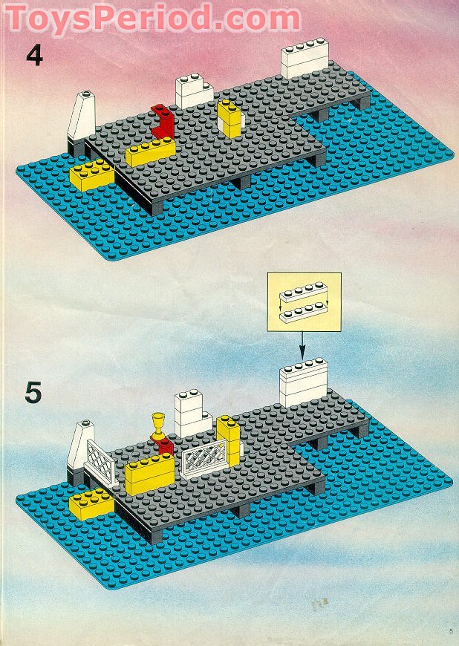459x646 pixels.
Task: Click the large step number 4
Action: pos(34,56)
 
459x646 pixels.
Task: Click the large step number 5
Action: pos(33,392)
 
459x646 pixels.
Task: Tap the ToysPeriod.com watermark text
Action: pos(152,18)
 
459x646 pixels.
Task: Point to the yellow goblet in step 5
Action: pos(157,427)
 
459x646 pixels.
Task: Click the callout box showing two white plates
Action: pos(304,301)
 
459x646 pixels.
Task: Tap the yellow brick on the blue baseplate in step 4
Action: pos(91,174)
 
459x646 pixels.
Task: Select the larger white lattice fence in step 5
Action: pos(204,454)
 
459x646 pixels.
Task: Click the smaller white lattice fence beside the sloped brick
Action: pos(101,460)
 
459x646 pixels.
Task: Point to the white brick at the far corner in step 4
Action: pos(305,61)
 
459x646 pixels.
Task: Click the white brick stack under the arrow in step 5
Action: pos(304,382)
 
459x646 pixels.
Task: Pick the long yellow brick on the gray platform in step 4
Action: pos(149,152)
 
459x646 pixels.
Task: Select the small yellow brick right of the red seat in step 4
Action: pos(229,119)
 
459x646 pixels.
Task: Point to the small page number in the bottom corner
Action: pos(450,631)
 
